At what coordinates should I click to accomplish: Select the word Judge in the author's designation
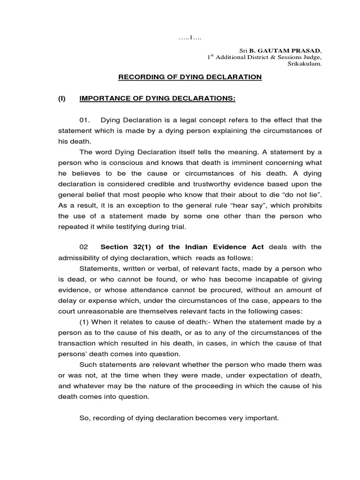[310, 57]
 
